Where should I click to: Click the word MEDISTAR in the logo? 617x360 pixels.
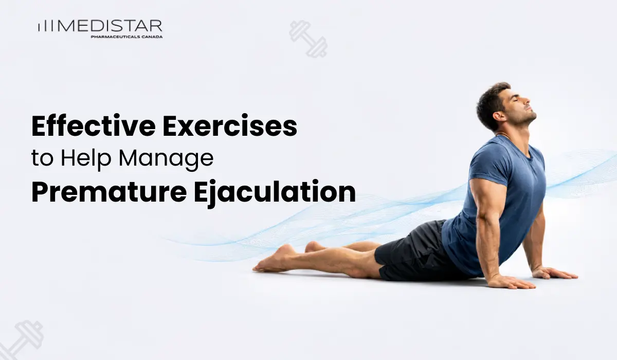111,26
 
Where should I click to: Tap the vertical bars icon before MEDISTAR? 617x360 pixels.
46,27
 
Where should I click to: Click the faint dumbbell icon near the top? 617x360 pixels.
308,39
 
